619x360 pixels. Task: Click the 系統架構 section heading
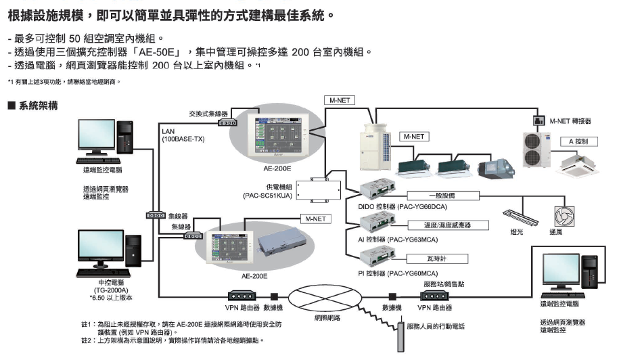[35, 106]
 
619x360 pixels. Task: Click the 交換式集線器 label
[208, 114]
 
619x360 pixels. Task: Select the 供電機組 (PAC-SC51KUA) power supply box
[324, 187]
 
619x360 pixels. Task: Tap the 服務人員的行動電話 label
[436, 326]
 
